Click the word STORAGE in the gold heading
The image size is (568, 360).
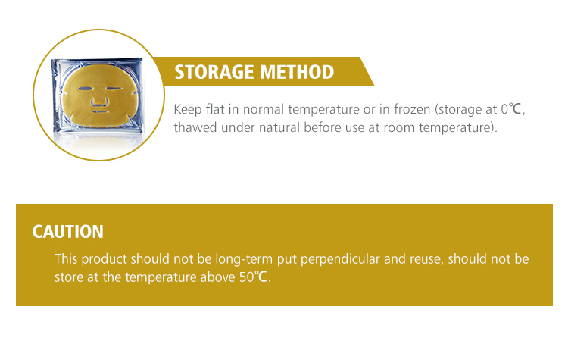click(211, 72)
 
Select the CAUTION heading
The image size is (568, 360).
click(67, 232)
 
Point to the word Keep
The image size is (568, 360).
click(187, 109)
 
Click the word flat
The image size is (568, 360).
click(216, 109)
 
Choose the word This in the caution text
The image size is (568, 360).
click(67, 258)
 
